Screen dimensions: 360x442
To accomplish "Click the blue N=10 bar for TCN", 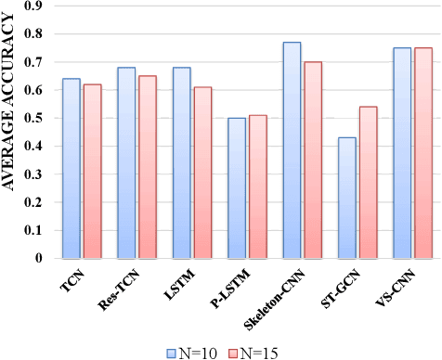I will [x=71, y=168].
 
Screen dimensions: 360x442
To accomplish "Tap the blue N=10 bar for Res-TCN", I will [x=126, y=162].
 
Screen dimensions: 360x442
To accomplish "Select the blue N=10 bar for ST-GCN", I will [x=347, y=198].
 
